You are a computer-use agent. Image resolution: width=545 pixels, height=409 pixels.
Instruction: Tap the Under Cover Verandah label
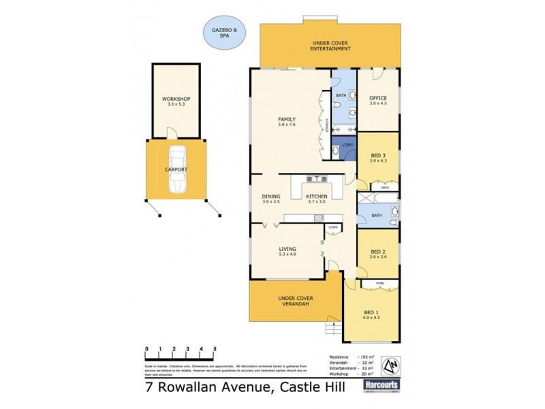click(294, 301)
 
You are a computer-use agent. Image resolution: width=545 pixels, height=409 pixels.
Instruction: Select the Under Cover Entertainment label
click(330, 46)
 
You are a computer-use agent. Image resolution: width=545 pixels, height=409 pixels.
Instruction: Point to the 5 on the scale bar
click(215, 349)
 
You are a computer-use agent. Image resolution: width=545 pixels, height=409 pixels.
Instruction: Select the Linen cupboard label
click(333, 227)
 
